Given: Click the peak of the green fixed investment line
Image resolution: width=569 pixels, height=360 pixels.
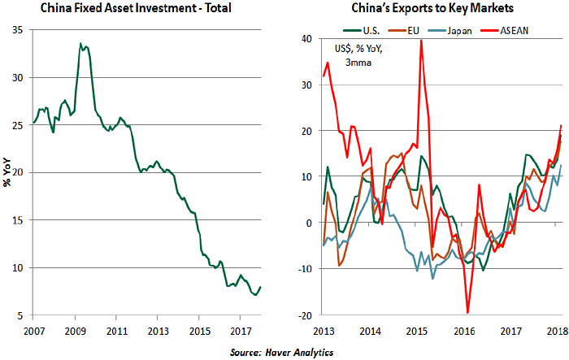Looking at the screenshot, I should (80, 43).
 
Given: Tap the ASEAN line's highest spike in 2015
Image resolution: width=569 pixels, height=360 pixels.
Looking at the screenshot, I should (420, 40).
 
